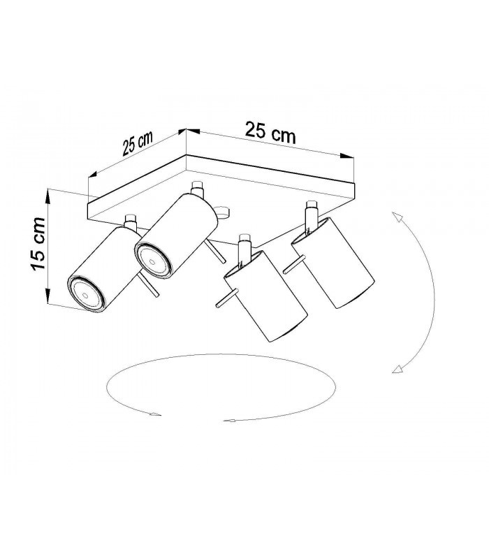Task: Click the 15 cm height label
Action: pos(38,244)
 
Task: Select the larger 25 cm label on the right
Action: pos(270,133)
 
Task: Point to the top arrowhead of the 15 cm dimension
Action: pos(48,196)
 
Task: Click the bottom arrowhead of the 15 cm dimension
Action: pos(48,298)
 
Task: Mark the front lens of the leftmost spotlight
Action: pos(86,294)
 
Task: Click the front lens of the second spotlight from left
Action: pos(153,261)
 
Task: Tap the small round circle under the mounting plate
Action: pos(223,212)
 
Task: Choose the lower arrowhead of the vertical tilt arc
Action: pos(397,369)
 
